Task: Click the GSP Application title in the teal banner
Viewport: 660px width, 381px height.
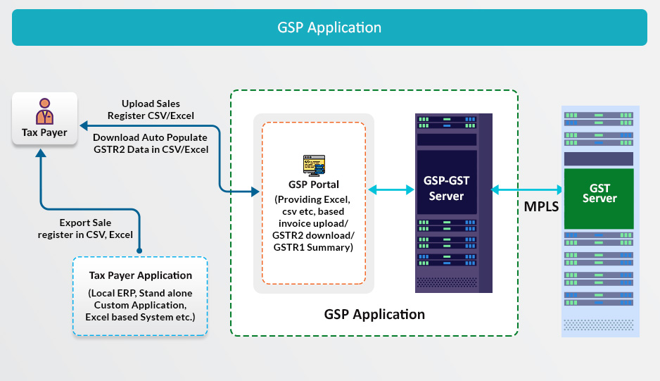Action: tap(329, 27)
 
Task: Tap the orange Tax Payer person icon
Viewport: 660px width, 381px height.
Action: tap(44, 111)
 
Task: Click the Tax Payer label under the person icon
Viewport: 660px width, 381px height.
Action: tap(44, 133)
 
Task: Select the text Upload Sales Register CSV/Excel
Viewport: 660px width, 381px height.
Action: tap(151, 110)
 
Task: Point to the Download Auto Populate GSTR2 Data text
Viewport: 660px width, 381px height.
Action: tap(151, 143)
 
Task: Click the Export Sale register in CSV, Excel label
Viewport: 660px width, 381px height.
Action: tap(85, 228)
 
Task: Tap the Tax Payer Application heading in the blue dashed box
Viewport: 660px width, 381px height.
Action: tap(141, 275)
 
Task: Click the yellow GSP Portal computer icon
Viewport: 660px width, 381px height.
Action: tap(314, 165)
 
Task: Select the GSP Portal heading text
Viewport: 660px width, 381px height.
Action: tap(314, 185)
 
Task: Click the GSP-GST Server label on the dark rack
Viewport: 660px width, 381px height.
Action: tap(446, 188)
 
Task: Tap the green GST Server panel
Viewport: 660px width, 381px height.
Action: tap(599, 199)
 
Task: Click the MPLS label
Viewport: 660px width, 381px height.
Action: tap(541, 206)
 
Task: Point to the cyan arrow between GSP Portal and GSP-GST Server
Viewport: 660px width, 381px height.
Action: tap(391, 189)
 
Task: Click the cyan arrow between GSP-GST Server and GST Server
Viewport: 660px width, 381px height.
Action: tap(526, 189)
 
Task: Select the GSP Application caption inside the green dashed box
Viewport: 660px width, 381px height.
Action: tap(374, 314)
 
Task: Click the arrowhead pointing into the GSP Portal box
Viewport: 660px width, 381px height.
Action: tap(255, 192)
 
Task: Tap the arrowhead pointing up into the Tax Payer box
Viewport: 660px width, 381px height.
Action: tap(41, 154)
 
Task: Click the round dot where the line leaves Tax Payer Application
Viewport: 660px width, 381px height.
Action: tap(139, 251)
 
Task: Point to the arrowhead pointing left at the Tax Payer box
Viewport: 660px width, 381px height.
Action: tap(84, 125)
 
